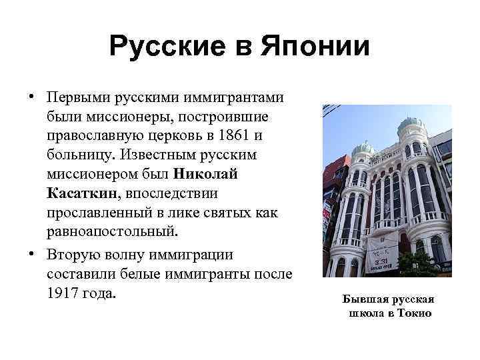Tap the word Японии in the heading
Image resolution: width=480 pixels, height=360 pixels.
(x=318, y=47)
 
